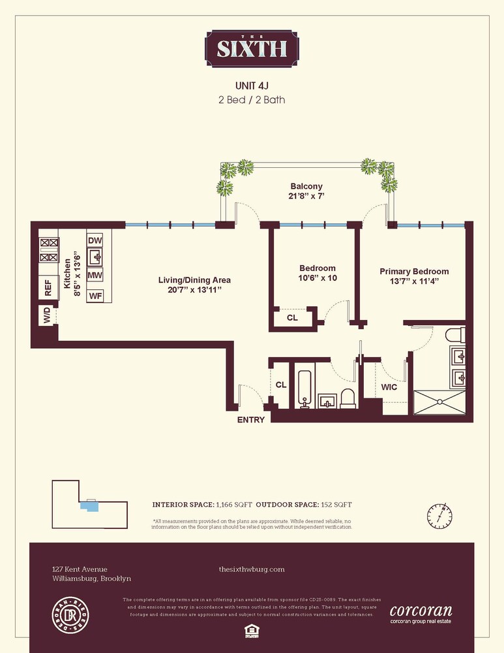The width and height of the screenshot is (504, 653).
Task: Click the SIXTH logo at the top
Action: click(x=252, y=48)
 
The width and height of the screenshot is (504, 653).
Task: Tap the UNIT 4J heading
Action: click(x=252, y=86)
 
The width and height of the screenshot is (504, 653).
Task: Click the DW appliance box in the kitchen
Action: click(x=95, y=241)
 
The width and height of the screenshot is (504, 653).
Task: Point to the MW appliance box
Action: click(x=95, y=276)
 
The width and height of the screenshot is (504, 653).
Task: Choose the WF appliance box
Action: click(x=95, y=295)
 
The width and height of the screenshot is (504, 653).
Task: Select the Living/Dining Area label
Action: click(x=194, y=285)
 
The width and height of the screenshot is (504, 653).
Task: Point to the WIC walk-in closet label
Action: click(x=389, y=387)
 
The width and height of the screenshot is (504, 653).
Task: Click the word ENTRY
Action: click(x=251, y=420)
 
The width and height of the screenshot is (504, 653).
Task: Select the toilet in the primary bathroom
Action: click(x=454, y=336)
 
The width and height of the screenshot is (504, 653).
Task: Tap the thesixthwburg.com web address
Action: click(x=252, y=569)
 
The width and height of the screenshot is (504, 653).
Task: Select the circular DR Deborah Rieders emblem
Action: click(x=70, y=613)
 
